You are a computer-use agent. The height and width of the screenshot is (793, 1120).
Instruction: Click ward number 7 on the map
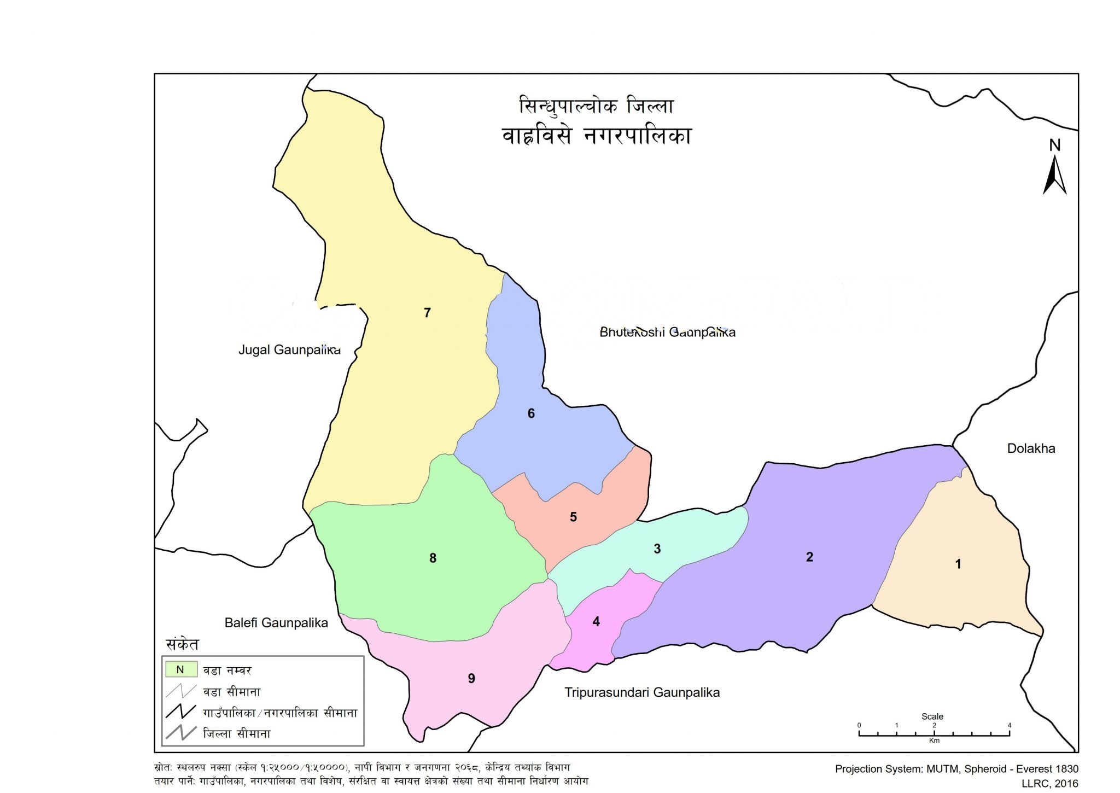point(427,313)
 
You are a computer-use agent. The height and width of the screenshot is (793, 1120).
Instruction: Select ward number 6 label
point(530,413)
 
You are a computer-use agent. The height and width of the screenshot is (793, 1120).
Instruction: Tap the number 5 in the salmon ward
point(573,517)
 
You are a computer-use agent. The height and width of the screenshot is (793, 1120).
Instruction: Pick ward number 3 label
point(657,549)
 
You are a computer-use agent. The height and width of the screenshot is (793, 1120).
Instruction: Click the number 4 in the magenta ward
point(596,621)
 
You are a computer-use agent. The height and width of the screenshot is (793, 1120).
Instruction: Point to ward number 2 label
point(809,557)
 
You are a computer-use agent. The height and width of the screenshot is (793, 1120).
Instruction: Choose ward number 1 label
point(958,564)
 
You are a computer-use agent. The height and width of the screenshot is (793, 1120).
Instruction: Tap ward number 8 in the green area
point(433,558)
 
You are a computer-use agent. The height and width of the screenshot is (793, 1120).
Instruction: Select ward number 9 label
point(471,678)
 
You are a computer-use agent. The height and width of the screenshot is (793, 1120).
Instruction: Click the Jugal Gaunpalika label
point(289,349)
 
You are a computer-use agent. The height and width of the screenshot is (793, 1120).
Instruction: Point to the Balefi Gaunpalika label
point(276,622)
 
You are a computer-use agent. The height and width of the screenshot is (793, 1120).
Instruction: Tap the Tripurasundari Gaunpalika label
point(642,692)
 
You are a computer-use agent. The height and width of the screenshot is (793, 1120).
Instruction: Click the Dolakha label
point(1031,448)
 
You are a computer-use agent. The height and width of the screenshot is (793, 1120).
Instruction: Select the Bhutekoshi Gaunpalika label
point(667,332)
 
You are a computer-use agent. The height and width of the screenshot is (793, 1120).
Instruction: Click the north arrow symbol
point(1054,175)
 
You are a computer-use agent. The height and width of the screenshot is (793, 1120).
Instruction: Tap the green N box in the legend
point(180,669)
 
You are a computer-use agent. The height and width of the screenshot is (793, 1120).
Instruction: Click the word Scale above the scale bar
point(932,716)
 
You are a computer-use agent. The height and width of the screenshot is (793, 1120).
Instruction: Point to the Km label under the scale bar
point(934,740)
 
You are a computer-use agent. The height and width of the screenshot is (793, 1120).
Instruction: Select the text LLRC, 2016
point(1049,783)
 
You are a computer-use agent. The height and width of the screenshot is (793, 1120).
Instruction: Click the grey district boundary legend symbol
point(180,733)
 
